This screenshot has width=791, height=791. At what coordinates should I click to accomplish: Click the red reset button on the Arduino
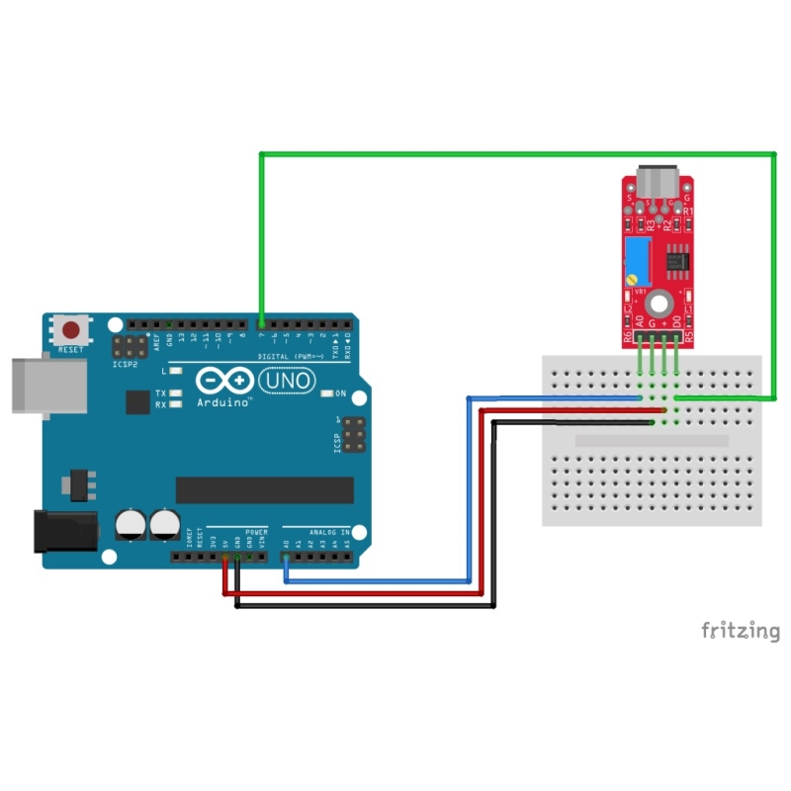[72, 330]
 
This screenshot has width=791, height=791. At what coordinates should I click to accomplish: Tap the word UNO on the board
[288, 380]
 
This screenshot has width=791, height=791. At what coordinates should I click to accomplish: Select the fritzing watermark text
[741, 630]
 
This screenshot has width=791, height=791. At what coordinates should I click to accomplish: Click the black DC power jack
[64, 532]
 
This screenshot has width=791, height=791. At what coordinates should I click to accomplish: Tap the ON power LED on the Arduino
[327, 394]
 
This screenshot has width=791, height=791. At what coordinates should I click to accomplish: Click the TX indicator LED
[176, 394]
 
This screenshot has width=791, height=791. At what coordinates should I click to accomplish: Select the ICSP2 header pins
[126, 348]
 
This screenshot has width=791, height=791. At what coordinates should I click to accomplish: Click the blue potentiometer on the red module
[638, 256]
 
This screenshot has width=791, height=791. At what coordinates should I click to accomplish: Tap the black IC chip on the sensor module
[676, 261]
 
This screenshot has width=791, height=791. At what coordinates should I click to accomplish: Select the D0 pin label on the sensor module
[676, 322]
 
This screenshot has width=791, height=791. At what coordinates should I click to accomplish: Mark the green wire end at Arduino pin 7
[260, 323]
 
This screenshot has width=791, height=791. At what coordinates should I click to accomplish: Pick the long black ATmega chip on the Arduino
[264, 489]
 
